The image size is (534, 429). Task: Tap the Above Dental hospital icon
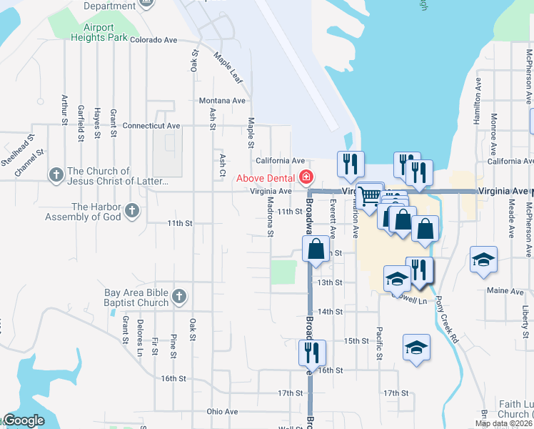pos(306,177)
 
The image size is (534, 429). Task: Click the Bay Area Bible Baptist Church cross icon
pos(178,296)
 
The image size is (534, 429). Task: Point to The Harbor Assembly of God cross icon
pos(131,210)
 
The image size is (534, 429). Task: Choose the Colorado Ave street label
pos(153,40)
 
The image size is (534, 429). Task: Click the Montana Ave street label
pos(222,101)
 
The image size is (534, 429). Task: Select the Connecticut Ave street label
pos(151,126)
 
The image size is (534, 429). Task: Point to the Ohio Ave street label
pos(222,412)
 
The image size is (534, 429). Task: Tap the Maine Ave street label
pos(505,291)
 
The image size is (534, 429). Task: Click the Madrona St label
pos(271,217)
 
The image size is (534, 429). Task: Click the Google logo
pos(23,420)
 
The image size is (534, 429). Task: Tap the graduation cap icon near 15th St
pos(416,348)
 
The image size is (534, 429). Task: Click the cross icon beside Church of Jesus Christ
pos(56,174)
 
